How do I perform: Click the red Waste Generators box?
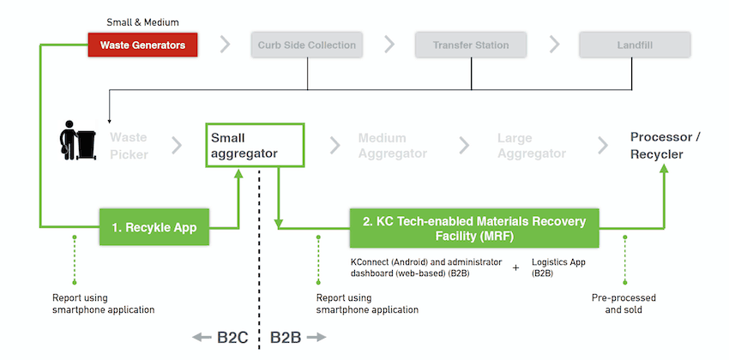pyautogui.click(x=142, y=45)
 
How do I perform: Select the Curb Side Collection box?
pyautogui.click(x=306, y=45)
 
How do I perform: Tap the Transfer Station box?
pyautogui.click(x=471, y=45)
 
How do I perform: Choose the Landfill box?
pyautogui.click(x=634, y=45)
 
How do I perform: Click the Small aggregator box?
pyautogui.click(x=255, y=145)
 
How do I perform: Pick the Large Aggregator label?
pyautogui.click(x=532, y=145)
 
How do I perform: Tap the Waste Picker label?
pyautogui.click(x=129, y=145)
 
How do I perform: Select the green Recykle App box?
pyautogui.click(x=154, y=228)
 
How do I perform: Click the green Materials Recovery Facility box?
pyautogui.click(x=473, y=228)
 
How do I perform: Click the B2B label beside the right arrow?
pyautogui.click(x=286, y=338)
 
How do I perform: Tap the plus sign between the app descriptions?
pyautogui.click(x=515, y=267)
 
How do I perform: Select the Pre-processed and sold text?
pyautogui.click(x=624, y=303)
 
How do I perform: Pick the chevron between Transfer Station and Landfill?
pyautogui.click(x=554, y=45)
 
